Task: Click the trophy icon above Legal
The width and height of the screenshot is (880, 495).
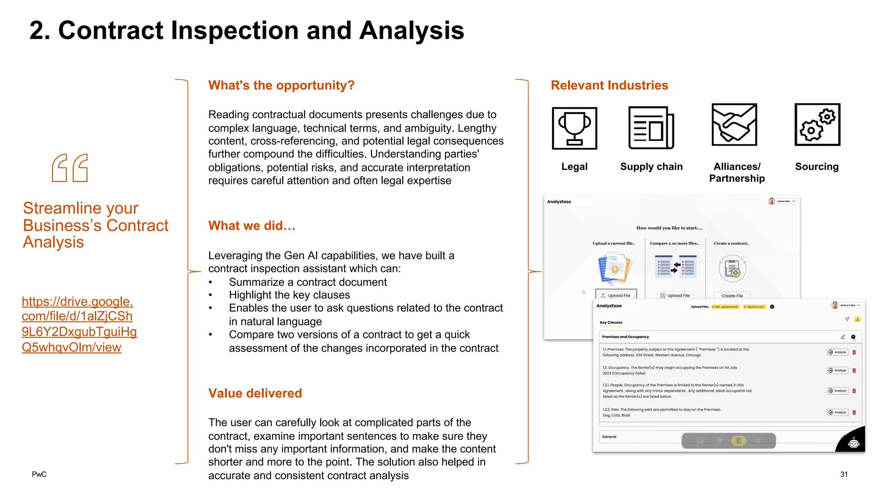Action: pos(574,128)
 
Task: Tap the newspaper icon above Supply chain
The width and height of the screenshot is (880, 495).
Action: pos(651,128)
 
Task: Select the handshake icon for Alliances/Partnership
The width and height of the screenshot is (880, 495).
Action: pos(734,125)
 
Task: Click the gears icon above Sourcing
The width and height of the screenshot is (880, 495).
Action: pos(817,124)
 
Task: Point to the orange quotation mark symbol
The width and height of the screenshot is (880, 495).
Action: pos(70,168)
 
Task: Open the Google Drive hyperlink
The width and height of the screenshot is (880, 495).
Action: pos(79,324)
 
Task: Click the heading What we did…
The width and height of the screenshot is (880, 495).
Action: pos(252,226)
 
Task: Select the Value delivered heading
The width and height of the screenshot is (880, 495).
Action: pos(255,393)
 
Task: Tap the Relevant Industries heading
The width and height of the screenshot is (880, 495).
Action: pos(609,85)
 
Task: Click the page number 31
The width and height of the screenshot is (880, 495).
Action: pos(844,474)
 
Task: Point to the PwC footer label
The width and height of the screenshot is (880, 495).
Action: pos(39,474)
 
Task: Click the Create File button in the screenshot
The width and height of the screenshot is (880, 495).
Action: pos(732,296)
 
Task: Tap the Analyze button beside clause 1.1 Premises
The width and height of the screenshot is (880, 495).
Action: pos(837,352)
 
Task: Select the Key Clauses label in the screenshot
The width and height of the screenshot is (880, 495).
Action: pos(611,322)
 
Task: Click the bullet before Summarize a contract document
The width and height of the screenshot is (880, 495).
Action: pos(211,283)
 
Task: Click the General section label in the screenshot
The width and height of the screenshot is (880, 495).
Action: pos(609,437)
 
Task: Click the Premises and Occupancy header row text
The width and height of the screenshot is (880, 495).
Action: pos(625,337)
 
